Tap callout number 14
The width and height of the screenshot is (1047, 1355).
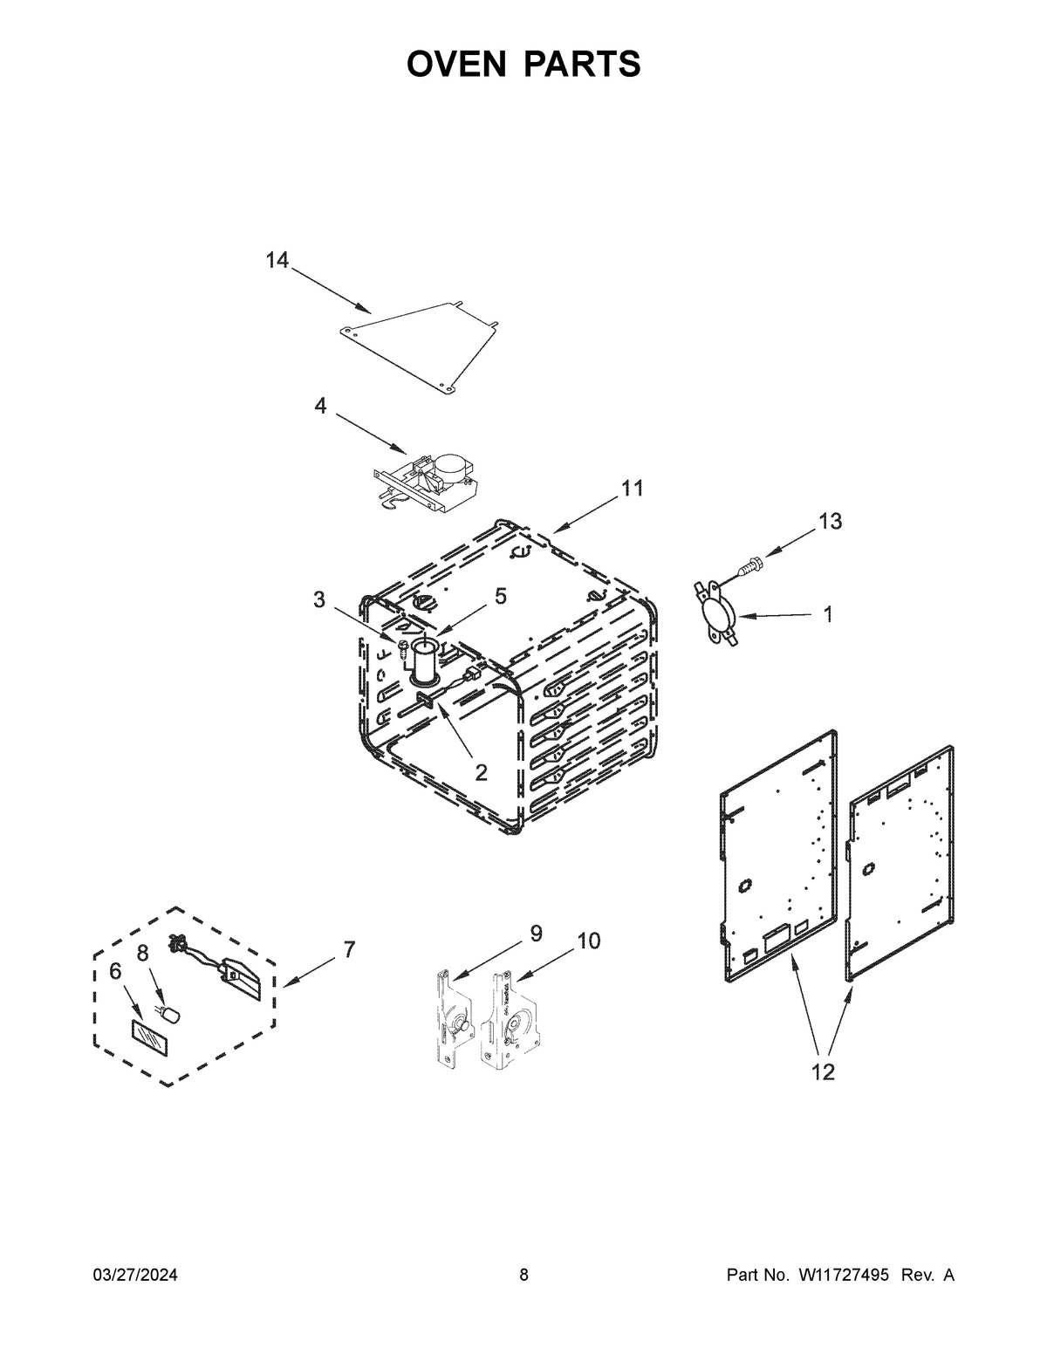pyautogui.click(x=277, y=260)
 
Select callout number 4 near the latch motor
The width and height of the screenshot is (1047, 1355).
pyautogui.click(x=321, y=406)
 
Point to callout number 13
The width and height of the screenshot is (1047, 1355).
pyautogui.click(x=830, y=522)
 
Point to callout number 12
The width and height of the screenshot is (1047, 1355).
pyautogui.click(x=823, y=1072)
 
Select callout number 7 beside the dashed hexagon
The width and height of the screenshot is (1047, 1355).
pyautogui.click(x=349, y=949)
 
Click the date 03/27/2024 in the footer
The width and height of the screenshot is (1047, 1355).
pyautogui.click(x=135, y=1276)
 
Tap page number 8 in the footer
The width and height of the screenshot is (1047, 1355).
pyautogui.click(x=523, y=1276)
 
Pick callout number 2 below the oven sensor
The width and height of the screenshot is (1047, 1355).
pyautogui.click(x=481, y=771)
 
